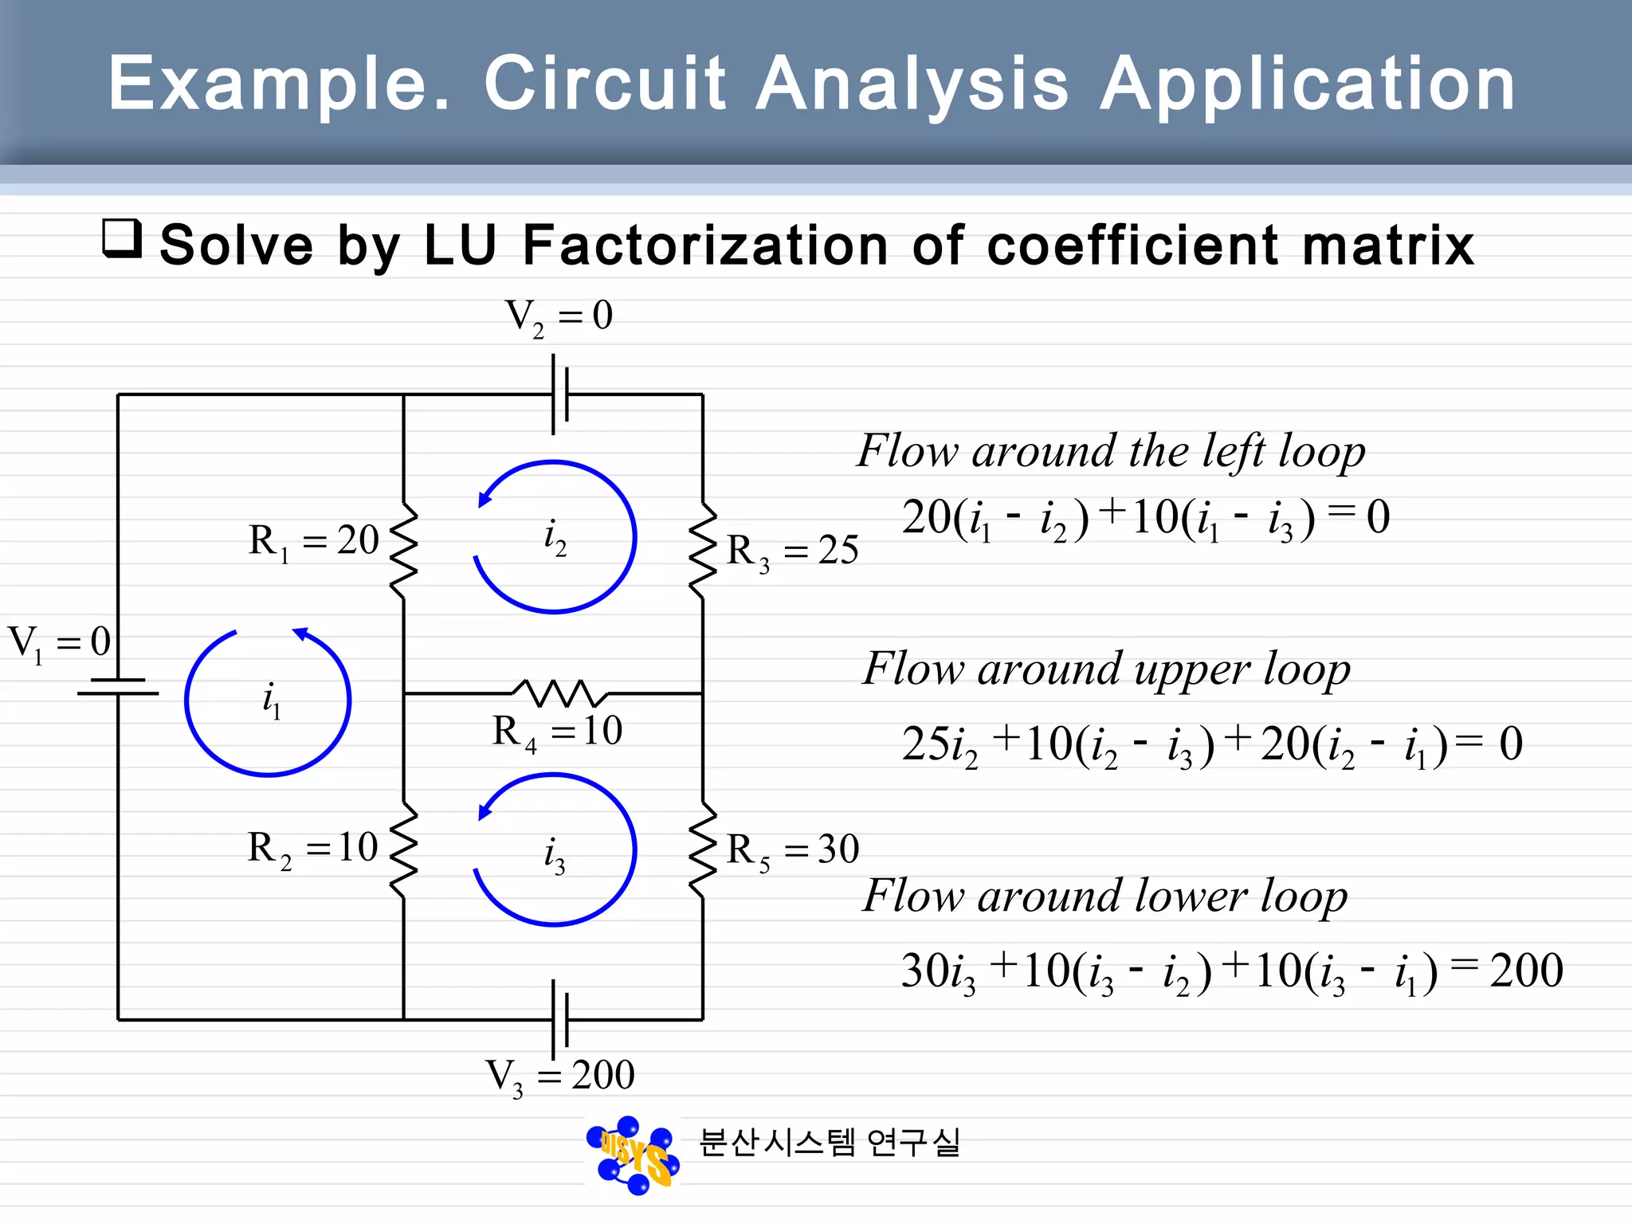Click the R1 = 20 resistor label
313,542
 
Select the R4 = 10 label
557,732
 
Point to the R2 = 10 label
312,849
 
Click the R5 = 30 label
792,850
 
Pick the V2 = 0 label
559,316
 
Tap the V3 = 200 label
559,1077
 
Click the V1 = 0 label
59,643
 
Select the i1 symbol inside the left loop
272,700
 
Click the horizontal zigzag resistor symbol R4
559,693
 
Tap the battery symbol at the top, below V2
560,394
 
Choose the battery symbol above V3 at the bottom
560,1019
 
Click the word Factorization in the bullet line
704,245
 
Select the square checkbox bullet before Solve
122,238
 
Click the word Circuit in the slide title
605,83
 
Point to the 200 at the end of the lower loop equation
1526,971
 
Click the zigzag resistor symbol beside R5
702,850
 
